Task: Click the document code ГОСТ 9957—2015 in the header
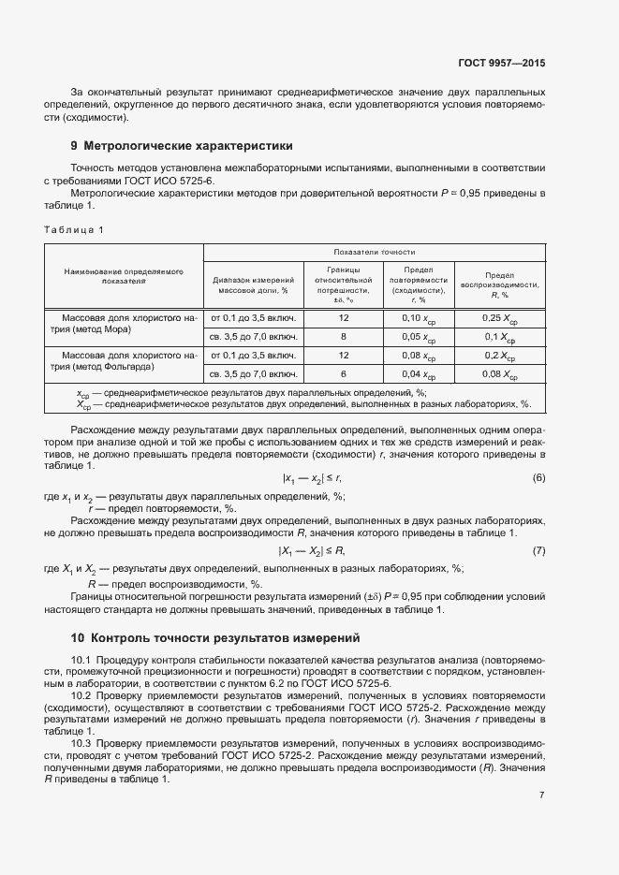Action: (501, 63)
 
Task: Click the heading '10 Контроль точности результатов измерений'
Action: (215, 638)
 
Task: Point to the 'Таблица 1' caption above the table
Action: (75, 230)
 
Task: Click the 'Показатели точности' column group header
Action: (375, 253)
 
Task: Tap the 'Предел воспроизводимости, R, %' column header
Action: (499, 284)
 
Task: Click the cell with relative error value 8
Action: (344, 336)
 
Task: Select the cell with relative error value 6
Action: (344, 374)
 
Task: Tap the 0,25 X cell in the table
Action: (499, 318)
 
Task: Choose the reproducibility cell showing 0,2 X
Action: (499, 357)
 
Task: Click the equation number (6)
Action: (538, 478)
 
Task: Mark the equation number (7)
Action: (538, 550)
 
